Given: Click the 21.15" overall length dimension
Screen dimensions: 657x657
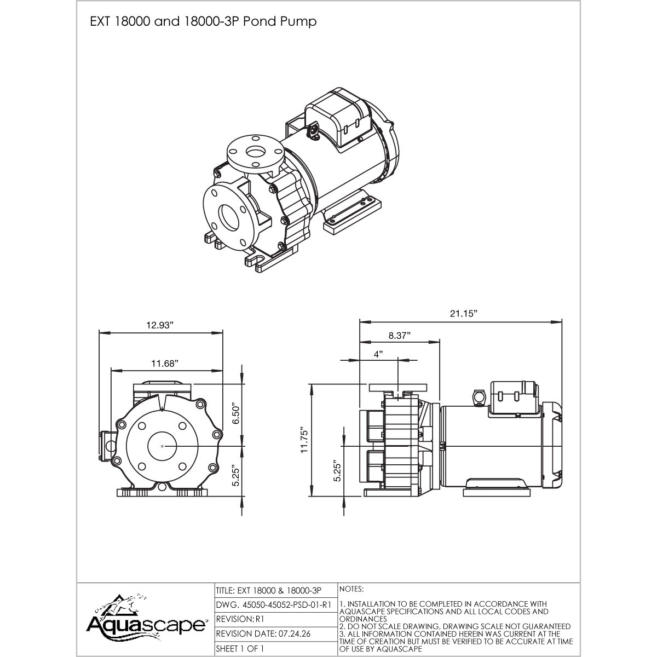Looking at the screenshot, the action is tap(463, 314).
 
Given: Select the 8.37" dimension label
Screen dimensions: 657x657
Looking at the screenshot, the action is tap(399, 336).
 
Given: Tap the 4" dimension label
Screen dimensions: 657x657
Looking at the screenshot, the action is tap(378, 354).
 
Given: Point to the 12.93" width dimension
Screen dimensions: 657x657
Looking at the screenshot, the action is tap(160, 325).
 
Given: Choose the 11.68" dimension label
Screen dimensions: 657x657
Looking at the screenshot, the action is tap(165, 364).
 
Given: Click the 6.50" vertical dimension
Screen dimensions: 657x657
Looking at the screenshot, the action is tap(235, 414).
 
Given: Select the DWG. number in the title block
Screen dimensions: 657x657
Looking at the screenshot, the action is tap(274, 604).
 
